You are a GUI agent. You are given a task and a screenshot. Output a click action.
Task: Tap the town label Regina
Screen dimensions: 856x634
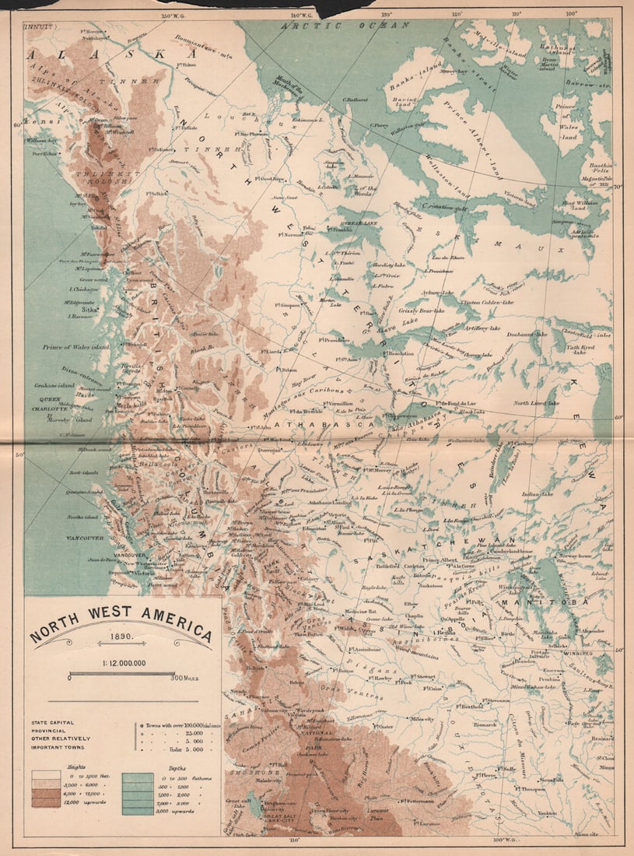(x=447, y=633)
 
